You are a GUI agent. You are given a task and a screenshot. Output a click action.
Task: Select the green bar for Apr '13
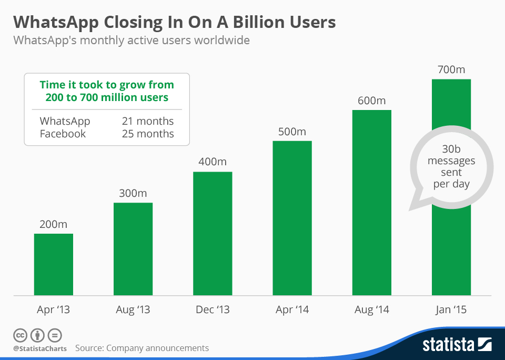[54, 264]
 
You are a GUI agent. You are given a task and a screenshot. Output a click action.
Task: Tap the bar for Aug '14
[371, 203]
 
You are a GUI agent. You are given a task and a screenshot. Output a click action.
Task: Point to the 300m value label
[133, 193]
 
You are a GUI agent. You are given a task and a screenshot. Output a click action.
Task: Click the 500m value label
[292, 132]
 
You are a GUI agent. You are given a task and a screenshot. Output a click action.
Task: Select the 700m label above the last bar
[451, 69]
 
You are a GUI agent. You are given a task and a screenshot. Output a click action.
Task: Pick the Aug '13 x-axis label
[133, 310]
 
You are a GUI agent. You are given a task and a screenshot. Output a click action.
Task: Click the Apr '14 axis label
[292, 310]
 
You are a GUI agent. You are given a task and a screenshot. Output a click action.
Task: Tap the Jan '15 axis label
[451, 310]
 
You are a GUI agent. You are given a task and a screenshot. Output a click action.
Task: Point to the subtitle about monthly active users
[131, 40]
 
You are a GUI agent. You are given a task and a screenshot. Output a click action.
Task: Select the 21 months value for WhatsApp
[147, 121]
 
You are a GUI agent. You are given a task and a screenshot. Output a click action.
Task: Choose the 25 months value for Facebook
[147, 134]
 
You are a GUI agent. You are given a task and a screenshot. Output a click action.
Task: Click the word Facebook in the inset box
[63, 134]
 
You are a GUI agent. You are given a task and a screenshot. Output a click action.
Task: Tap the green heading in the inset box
[107, 91]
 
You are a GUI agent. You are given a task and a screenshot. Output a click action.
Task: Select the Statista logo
[457, 345]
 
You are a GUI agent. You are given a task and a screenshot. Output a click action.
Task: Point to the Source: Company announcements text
[142, 348]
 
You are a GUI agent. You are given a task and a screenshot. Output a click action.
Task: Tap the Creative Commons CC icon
[20, 335]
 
